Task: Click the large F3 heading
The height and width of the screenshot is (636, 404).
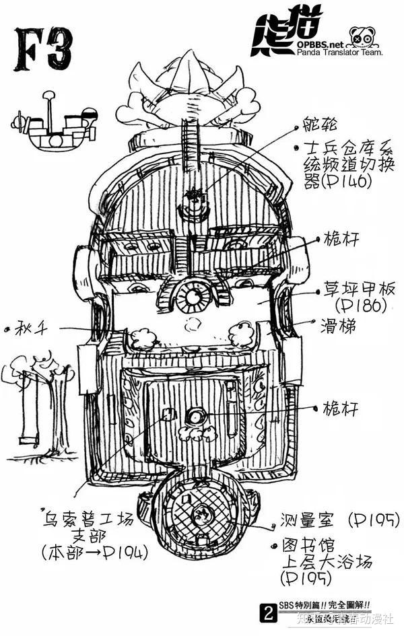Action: pos(42,49)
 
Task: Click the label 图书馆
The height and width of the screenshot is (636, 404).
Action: pos(310,545)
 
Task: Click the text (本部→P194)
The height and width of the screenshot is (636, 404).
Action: pos(94,554)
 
